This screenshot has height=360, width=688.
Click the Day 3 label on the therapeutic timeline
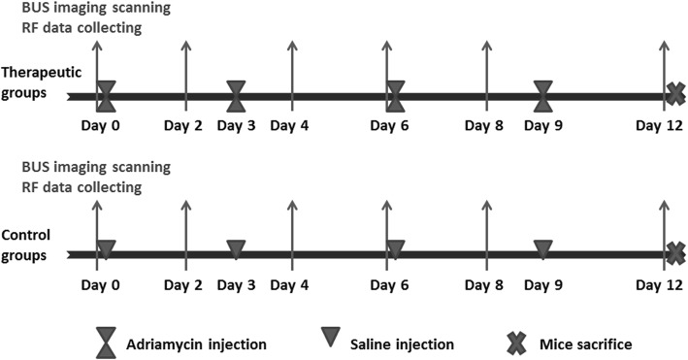[236, 126]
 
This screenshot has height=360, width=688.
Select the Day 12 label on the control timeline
[662, 284]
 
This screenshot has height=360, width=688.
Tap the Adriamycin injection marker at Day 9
[543, 96]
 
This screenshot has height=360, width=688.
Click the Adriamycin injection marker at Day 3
[236, 96]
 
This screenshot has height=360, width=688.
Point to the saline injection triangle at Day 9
[543, 249]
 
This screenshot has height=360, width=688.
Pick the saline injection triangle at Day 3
[236, 249]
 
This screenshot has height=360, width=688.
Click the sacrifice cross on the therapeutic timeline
[674, 95]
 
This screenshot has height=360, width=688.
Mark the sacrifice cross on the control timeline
[676, 253]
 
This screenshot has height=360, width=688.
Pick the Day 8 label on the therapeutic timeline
[484, 126]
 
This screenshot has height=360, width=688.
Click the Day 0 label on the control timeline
[97, 284]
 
